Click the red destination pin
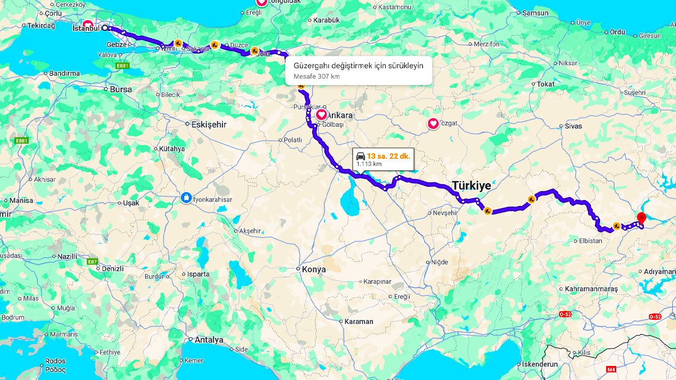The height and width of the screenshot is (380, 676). [641, 218]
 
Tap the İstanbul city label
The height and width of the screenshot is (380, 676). [86, 28]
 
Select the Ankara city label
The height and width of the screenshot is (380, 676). [340, 115]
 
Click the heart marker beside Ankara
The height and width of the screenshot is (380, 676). [321, 114]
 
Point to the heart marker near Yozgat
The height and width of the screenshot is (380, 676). [433, 123]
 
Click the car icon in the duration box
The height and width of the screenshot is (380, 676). [361, 156]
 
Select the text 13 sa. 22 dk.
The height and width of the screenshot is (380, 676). [389, 156]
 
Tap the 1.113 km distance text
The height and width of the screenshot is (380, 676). [369, 164]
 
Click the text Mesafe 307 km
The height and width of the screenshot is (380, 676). [317, 76]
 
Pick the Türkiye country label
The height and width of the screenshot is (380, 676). [472, 185]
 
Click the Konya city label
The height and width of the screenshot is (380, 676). [314, 269]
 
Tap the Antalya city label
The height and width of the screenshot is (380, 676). [209, 339]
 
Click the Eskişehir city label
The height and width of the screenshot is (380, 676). [209, 124]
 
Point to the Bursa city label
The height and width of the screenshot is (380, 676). [121, 89]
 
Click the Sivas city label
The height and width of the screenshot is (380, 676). [573, 126]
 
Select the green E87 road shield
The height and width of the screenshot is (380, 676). [92, 262]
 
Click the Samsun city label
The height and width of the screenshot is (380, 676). [535, 12]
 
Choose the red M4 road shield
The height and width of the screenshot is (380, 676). [612, 369]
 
